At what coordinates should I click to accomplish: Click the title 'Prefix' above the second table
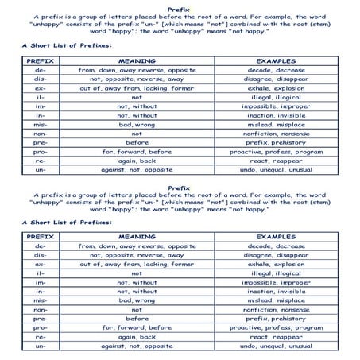point(180,188)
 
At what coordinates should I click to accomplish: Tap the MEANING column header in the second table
point(137,237)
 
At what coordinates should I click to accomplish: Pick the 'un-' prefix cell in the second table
point(40,346)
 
